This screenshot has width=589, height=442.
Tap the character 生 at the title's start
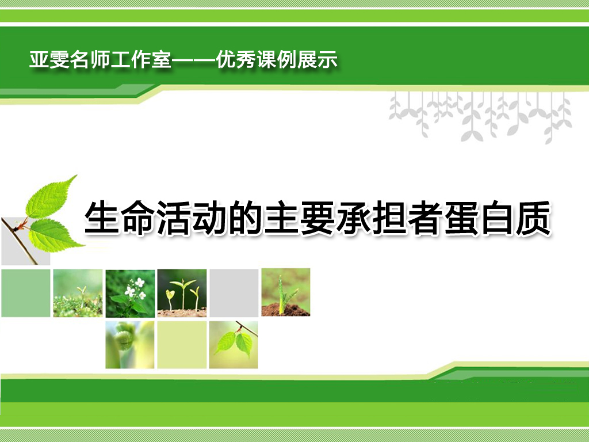(102, 218)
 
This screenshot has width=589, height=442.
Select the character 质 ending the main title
(533, 218)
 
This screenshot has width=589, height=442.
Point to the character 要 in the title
(318, 218)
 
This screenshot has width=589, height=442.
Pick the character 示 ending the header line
(327, 60)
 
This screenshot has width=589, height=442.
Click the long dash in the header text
(193, 60)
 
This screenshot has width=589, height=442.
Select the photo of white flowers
(130, 293)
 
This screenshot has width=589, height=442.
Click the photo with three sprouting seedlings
(182, 293)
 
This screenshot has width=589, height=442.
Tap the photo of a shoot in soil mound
(286, 292)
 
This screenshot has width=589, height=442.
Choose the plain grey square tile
(234, 293)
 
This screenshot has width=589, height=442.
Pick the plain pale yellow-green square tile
(182, 345)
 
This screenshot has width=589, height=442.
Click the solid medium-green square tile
(26, 293)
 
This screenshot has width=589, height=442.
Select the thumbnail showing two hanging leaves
(234, 345)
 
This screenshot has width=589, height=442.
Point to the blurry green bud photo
(130, 345)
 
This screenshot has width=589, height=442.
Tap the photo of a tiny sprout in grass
(78, 293)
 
